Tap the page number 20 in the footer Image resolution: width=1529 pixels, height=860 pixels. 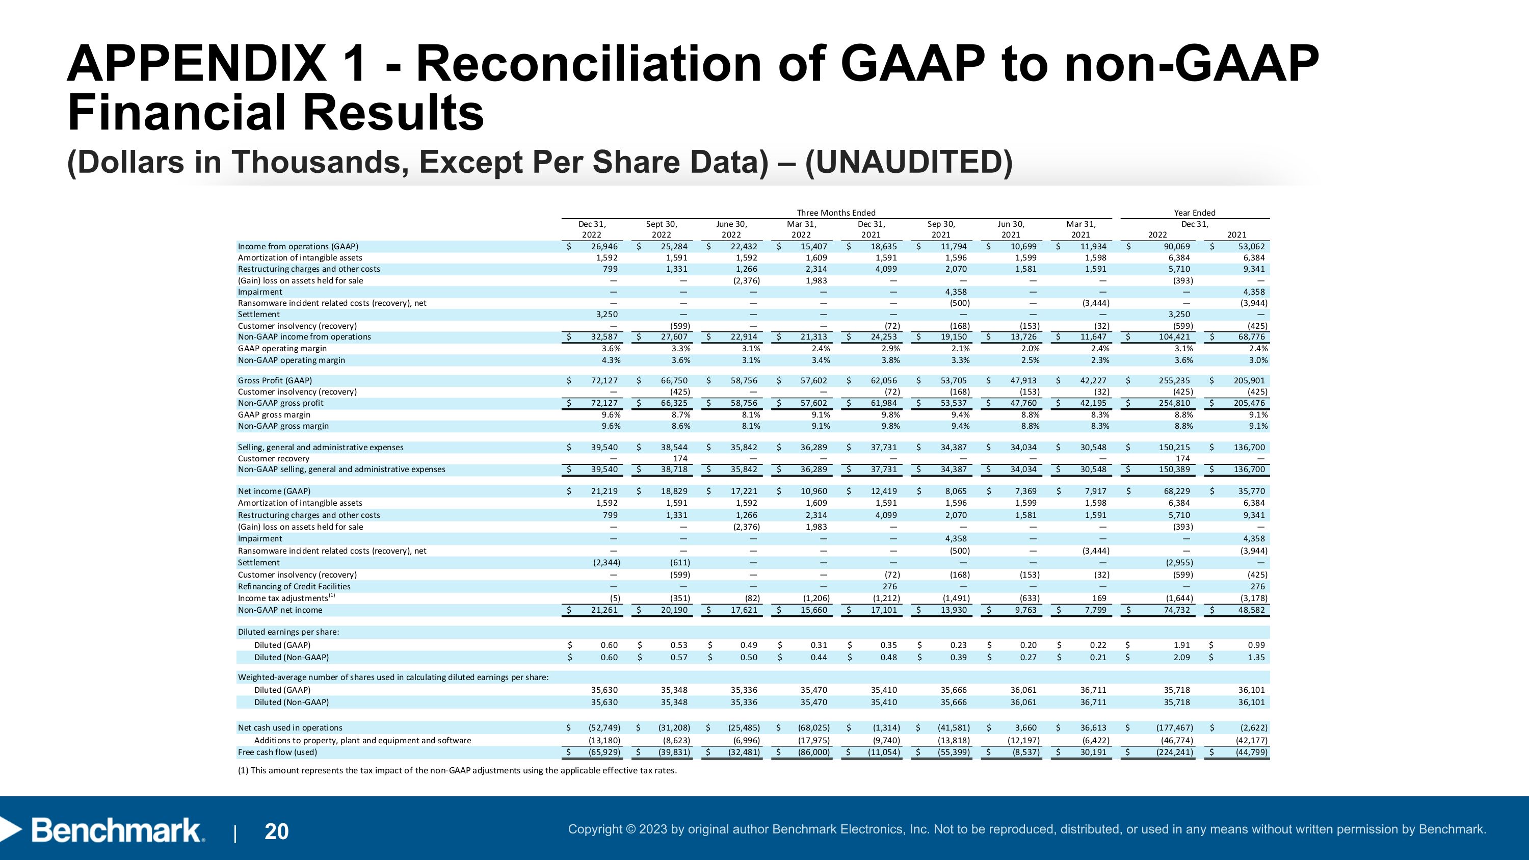pyautogui.click(x=277, y=831)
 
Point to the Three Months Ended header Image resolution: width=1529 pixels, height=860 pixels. pyautogui.click(x=836, y=213)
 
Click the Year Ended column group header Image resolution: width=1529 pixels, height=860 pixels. pyautogui.click(x=1194, y=213)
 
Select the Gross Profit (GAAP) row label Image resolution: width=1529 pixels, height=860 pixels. pyautogui.click(x=275, y=380)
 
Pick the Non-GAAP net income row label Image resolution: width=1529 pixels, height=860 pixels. pyautogui.click(x=280, y=610)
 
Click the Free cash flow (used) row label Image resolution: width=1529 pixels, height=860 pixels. pyautogui.click(x=277, y=752)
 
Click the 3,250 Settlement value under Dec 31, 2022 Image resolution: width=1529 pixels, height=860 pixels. pyautogui.click(x=607, y=315)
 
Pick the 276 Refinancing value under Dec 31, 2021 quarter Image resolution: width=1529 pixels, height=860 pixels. pyautogui.click(x=889, y=586)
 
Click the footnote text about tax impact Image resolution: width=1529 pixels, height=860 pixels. pyautogui.click(x=457, y=771)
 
